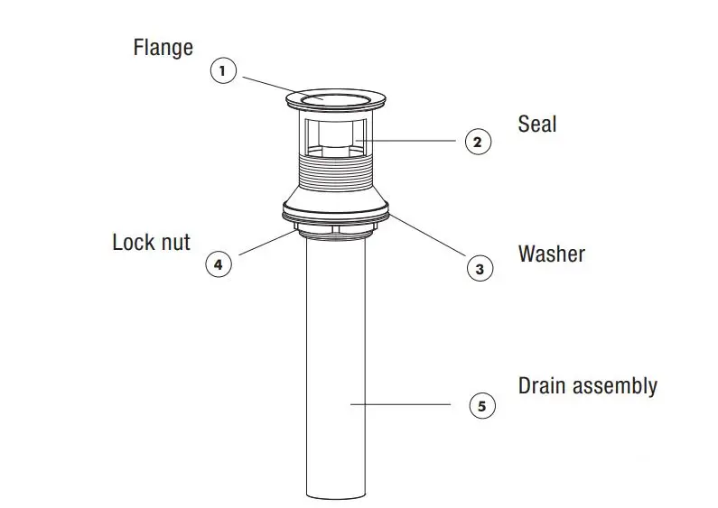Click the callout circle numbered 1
223,71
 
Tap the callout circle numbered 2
479,142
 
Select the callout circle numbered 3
480,268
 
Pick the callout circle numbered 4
219,264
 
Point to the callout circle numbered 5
481,406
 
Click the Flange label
163,47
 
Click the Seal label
537,124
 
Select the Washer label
551,254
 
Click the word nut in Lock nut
174,243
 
